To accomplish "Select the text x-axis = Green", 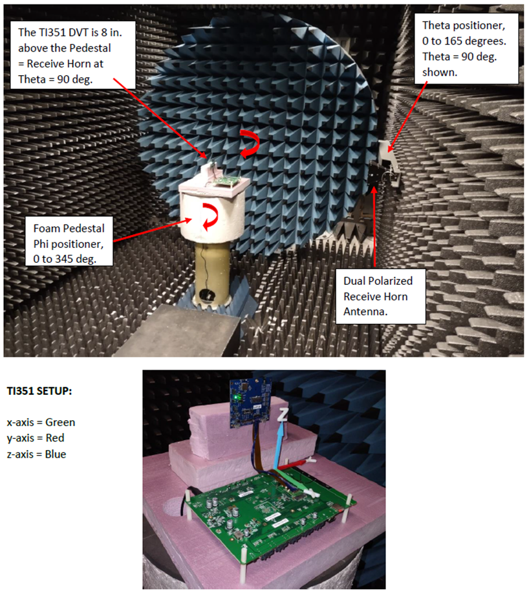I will (41, 422).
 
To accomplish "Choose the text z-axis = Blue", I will (38, 454).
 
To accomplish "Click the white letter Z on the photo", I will (282, 416).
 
